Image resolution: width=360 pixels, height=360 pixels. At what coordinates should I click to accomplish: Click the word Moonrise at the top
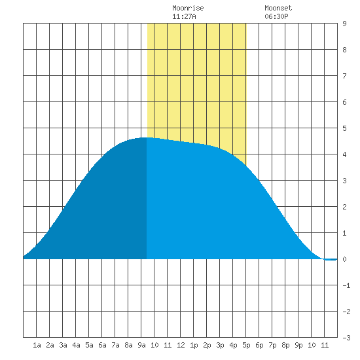coord(188,8)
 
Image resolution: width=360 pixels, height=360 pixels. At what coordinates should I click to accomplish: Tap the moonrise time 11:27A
coord(184,16)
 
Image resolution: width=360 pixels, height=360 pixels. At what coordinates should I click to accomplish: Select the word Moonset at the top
coord(278,8)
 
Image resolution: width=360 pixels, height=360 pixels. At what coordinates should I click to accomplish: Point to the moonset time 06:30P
coord(276,16)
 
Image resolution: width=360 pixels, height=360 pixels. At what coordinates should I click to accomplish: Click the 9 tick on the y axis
coord(344,24)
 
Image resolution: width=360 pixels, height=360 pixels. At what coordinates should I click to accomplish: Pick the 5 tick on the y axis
coord(344,128)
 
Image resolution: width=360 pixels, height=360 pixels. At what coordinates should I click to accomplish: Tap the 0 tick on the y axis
coord(344,259)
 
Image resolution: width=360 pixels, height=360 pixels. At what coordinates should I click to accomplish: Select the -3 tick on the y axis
coord(346,338)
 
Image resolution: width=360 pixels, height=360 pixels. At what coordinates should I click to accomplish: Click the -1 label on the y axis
coord(346,285)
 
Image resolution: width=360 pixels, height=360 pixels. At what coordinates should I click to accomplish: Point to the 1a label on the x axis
coord(37,345)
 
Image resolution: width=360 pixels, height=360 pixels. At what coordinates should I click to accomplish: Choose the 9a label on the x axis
coord(141,345)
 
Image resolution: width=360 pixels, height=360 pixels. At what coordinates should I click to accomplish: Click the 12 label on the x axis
coord(181,345)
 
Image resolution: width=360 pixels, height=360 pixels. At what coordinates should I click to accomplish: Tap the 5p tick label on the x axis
coord(246,345)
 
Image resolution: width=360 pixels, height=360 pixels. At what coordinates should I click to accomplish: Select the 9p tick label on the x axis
coord(298,345)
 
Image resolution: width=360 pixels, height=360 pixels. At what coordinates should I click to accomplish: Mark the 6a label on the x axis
coord(102,345)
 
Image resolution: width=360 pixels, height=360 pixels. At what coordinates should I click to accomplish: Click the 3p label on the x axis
coord(220,345)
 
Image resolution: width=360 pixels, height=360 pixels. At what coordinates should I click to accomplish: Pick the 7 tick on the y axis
coord(344,76)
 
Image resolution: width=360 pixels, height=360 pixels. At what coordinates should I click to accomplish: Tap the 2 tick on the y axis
coord(344,207)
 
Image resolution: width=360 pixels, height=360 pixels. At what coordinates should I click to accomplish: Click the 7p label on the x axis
coord(272,345)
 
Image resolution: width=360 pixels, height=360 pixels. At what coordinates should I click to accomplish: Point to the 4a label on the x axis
coord(76,345)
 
